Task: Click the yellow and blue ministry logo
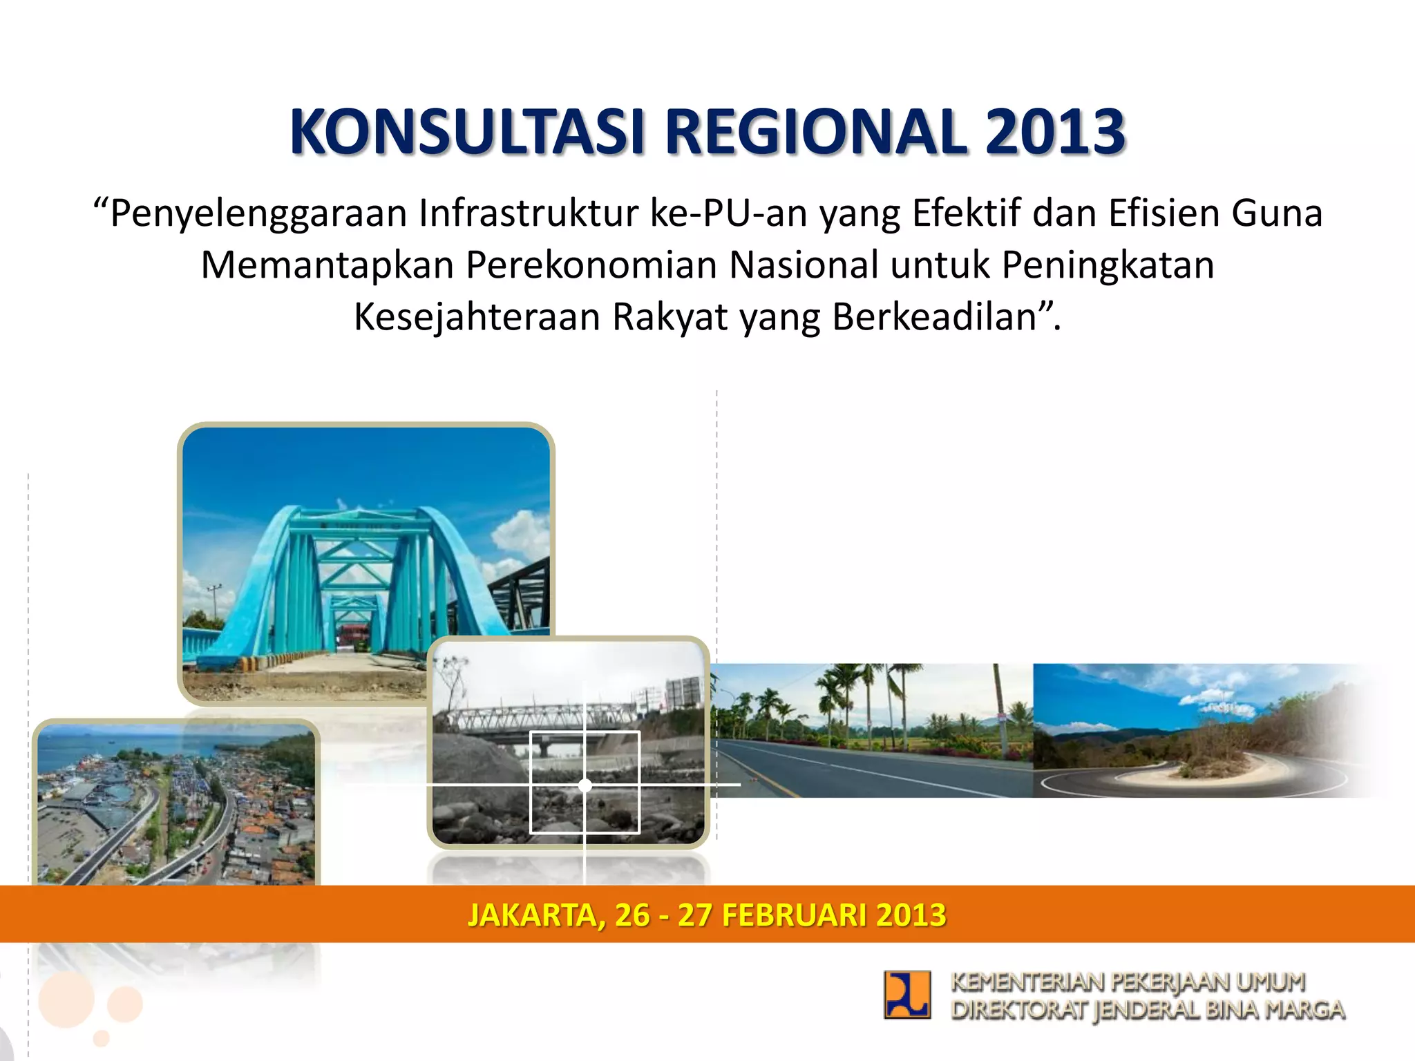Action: click(906, 995)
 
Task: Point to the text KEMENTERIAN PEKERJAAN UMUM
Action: click(1128, 982)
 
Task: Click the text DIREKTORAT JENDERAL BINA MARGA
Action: click(1147, 1010)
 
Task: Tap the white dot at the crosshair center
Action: click(585, 785)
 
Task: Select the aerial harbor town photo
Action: click(176, 805)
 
